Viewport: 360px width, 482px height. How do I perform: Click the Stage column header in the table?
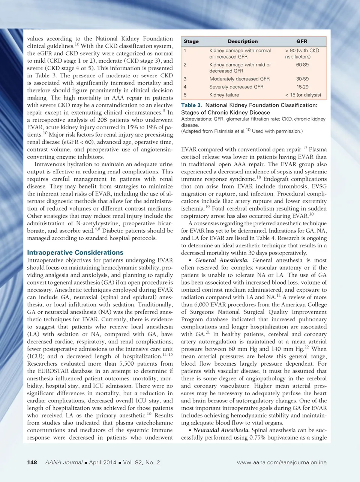coord(191,41)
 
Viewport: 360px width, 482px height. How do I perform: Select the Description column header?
coord(243,41)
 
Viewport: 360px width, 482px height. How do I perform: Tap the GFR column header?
coord(302,41)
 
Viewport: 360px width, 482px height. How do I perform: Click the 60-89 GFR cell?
coord(302,65)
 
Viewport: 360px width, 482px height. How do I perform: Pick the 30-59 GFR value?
coord(302,79)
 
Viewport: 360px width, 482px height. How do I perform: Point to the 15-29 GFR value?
coord(302,87)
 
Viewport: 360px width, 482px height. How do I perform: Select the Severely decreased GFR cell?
coord(236,87)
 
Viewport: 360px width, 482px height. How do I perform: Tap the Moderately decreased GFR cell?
coord(239,79)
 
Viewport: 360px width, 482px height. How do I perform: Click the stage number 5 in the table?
coord(185,95)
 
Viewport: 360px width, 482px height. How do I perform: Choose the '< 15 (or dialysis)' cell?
coord(303,95)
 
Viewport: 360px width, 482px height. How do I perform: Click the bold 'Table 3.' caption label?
coord(192,105)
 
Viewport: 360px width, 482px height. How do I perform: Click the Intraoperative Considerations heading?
coord(75,253)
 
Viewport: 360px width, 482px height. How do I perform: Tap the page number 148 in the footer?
coord(32,462)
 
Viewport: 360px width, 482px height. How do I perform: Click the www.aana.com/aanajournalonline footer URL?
coord(282,462)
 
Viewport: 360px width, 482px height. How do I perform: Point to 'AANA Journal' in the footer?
coord(64,462)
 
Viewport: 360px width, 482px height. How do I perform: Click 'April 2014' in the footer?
coord(103,462)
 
